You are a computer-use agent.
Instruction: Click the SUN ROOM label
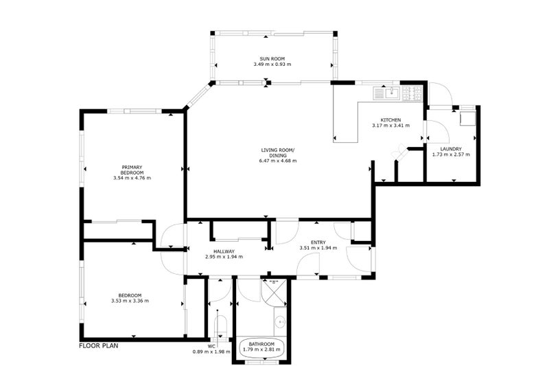272,59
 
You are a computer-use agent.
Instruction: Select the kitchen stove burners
412,93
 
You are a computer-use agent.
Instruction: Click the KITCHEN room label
390,119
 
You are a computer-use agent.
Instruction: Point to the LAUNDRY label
451,149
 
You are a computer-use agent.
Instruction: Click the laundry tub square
467,118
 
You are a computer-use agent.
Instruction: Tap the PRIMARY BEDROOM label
132,170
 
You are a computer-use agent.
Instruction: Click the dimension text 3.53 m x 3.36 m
130,301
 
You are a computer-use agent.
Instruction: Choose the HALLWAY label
224,251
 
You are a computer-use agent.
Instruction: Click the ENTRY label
318,242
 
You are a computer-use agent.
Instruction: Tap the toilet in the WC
220,325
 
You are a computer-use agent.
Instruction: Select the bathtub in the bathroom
262,347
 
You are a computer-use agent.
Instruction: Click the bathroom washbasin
280,321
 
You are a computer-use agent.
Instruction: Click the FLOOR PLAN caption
99,346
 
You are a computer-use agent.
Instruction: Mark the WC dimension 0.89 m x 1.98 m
211,352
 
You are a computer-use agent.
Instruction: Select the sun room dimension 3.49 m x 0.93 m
272,64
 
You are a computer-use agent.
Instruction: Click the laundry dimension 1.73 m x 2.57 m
451,154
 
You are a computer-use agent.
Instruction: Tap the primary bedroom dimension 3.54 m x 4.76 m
132,178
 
